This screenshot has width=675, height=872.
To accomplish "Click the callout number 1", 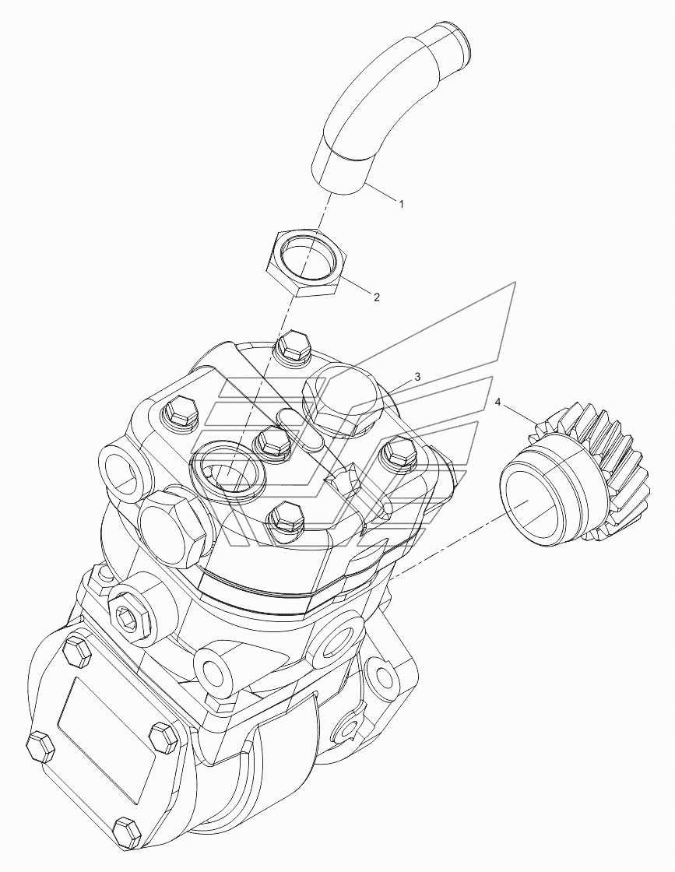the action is click(401, 204).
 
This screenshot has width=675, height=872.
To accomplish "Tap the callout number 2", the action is click(376, 297).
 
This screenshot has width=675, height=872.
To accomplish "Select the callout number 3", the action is click(417, 377).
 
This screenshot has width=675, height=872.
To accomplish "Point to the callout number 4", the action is click(498, 402).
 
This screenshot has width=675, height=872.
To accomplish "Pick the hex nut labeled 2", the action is click(308, 264).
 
